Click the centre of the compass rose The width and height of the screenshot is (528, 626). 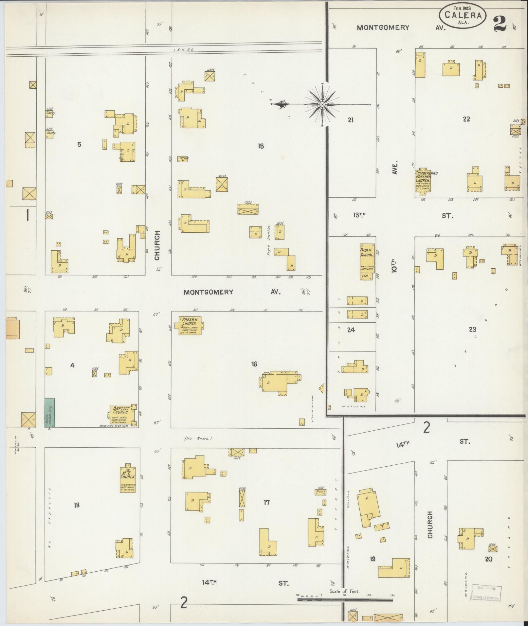[x=322, y=104]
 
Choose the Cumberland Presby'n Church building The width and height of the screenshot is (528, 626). [x=423, y=180]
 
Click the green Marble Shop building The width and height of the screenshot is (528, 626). [x=50, y=412]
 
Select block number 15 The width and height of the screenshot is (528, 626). [x=261, y=146]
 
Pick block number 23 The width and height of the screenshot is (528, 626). [x=472, y=330]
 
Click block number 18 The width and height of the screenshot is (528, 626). [x=77, y=505]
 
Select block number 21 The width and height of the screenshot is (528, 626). [x=351, y=120]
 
